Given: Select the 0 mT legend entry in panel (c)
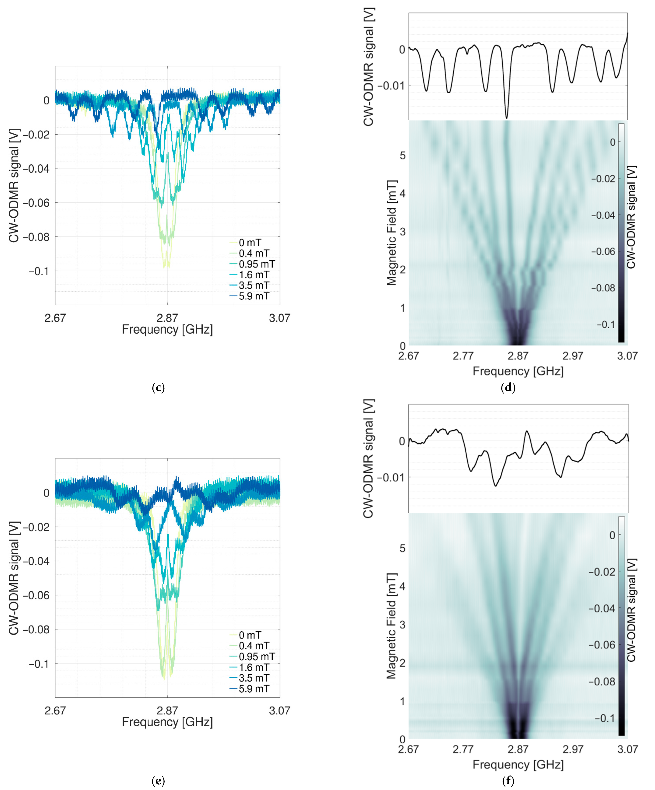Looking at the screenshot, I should [x=250, y=243].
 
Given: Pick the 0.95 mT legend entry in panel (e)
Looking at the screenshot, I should [x=256, y=656].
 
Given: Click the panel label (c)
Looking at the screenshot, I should [x=158, y=388].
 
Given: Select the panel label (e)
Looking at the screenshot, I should [x=158, y=781].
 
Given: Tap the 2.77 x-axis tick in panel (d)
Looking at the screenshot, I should [x=463, y=356].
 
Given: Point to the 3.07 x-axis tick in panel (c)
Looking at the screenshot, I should [x=279, y=318].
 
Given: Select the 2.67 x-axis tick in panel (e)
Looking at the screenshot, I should [x=55, y=711].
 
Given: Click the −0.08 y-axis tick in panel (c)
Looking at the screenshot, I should [x=36, y=237].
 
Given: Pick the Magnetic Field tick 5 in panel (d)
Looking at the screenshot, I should [x=402, y=155].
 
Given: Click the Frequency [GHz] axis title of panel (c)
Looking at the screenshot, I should [x=167, y=330].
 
